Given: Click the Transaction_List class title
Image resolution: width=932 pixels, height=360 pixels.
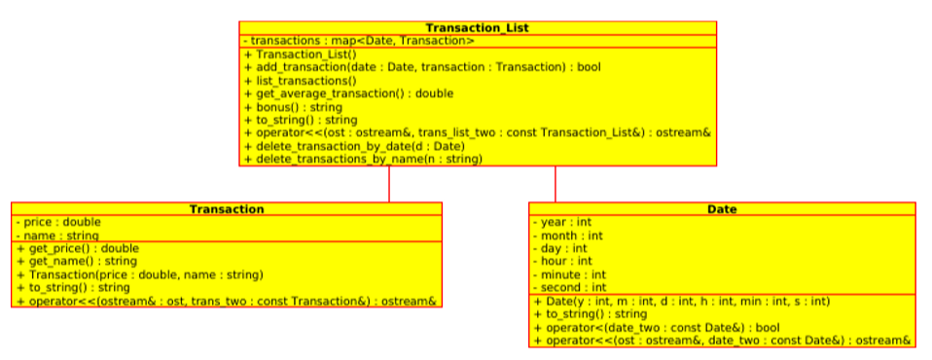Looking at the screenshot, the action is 478,28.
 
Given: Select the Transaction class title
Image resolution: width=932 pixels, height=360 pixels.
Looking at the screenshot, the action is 226,209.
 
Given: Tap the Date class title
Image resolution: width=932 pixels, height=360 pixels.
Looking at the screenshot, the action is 722,209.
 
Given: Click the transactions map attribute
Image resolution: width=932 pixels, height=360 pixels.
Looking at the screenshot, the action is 359,41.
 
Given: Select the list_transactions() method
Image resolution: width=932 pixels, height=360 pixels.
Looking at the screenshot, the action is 301,81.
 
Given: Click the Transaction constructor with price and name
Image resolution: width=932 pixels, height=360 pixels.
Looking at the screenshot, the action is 126,274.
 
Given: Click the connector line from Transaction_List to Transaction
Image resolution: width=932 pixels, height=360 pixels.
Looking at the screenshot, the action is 389,184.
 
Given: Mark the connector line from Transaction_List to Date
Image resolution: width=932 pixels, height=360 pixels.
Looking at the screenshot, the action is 556,184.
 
